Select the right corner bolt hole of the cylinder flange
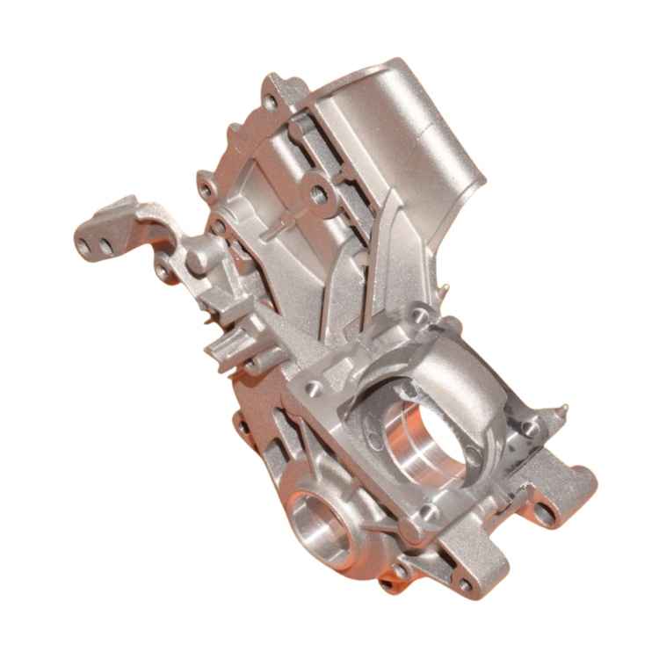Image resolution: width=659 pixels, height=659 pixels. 528,428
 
